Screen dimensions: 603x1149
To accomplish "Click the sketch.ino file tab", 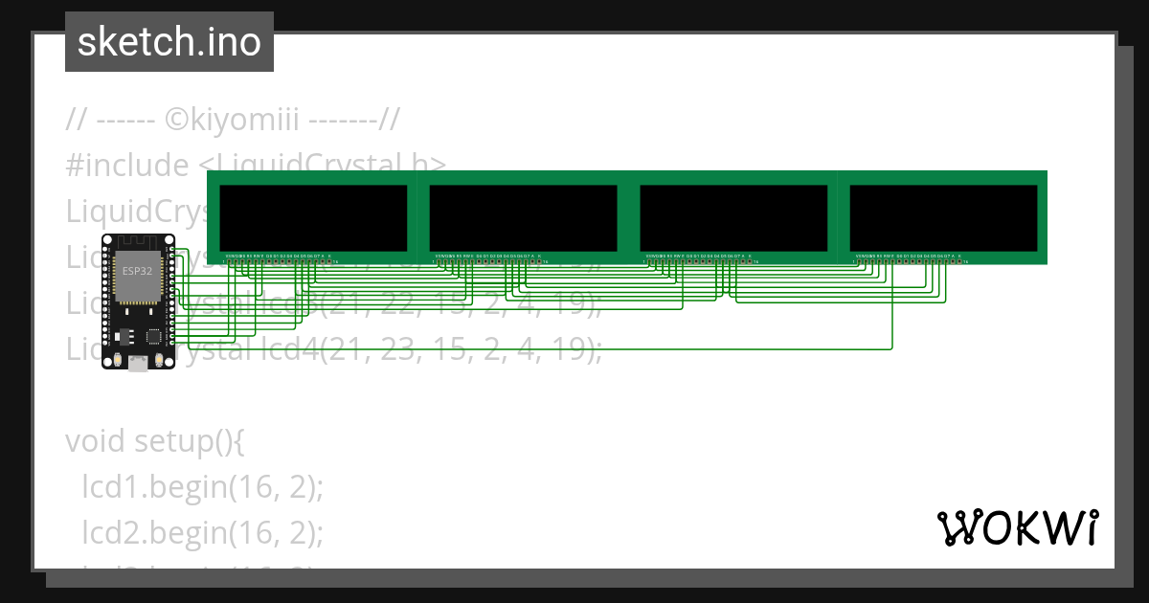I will (169, 42).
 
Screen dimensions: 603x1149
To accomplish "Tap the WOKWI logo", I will (1017, 527).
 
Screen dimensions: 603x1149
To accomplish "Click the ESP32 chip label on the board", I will (136, 272).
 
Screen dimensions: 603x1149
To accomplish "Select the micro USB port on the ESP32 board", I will (138, 365).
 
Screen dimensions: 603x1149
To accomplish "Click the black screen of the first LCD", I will (313, 217).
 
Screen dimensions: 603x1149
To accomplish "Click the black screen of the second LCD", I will (523, 217).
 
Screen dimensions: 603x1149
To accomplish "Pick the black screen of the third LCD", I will (732, 217).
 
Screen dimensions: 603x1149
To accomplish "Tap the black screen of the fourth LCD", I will (943, 217).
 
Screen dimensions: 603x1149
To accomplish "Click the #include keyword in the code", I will (127, 165).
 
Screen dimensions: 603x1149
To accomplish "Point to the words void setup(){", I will (156, 441).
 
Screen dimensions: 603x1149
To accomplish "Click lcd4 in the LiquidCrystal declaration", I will (286, 350).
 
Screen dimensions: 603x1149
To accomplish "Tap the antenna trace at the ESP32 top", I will (137, 243).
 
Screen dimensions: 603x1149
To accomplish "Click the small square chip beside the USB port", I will (153, 336).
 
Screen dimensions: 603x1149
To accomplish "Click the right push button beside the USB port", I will (160, 361).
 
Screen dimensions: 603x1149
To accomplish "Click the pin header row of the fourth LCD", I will (910, 260).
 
